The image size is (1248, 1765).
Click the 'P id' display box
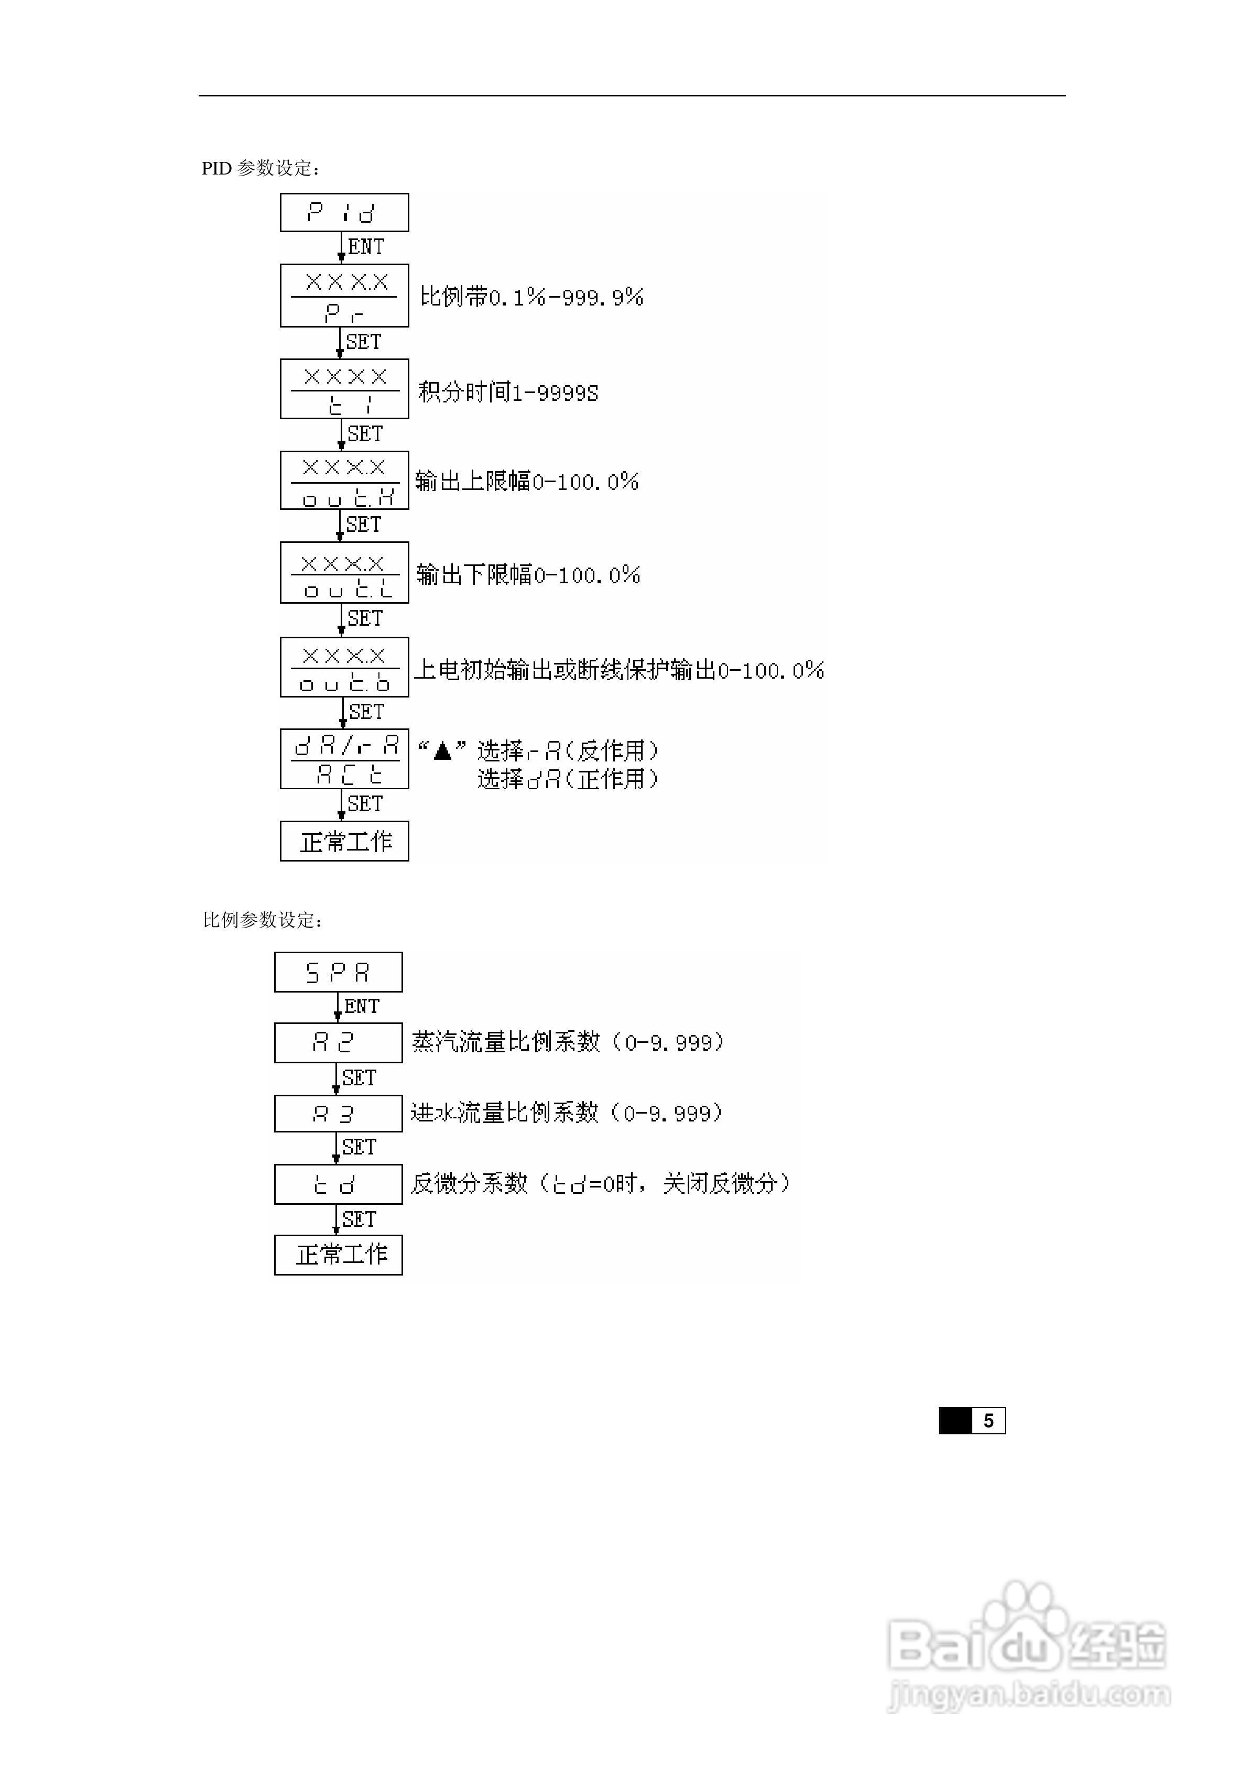coord(344,212)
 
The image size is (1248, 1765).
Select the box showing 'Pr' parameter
coord(344,296)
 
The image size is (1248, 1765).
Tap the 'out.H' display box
coord(344,481)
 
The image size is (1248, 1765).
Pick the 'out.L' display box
coord(344,573)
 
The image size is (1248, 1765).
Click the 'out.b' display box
coord(344,667)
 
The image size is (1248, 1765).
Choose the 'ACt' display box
coord(344,759)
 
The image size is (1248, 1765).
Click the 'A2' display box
coord(338,1042)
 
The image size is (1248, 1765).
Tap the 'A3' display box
coord(338,1113)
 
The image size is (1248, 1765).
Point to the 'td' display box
coord(338,1184)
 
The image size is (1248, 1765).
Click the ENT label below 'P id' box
coord(366,247)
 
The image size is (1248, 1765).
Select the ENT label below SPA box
coord(362,1006)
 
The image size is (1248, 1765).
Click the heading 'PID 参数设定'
coord(260,168)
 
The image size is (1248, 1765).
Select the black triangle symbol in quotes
coord(442,750)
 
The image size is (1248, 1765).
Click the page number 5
coord(988,1421)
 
